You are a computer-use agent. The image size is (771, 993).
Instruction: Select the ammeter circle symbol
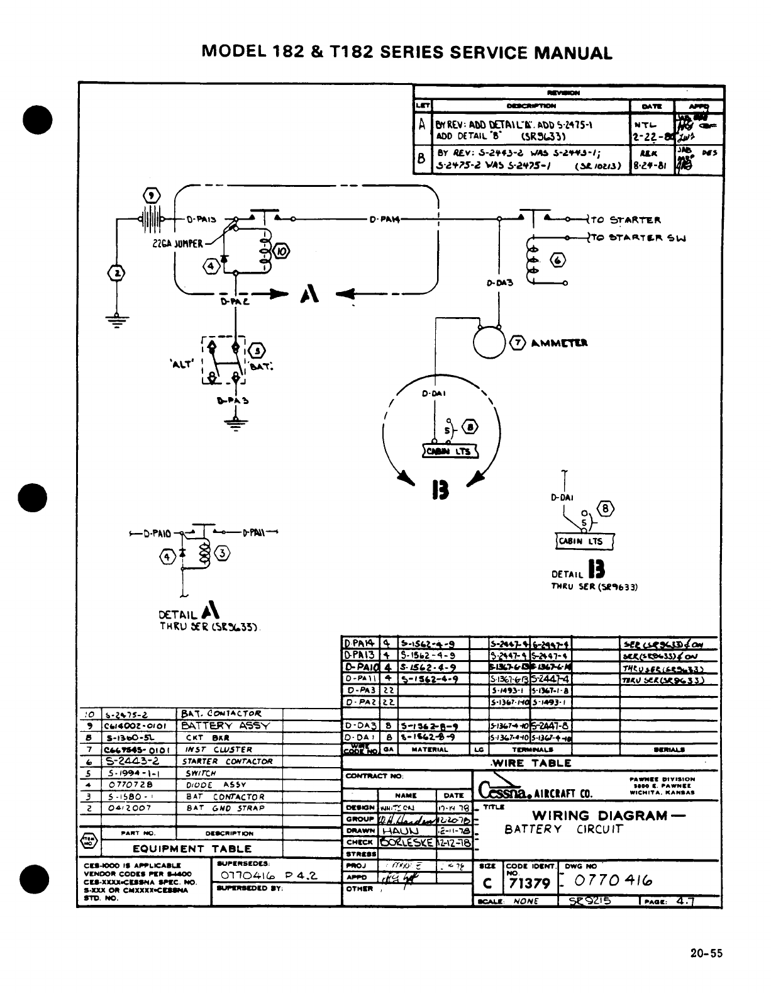[x=490, y=342]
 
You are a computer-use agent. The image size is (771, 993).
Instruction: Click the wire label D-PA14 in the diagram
[x=384, y=220]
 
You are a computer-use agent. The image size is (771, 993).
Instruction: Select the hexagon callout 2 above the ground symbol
[x=116, y=272]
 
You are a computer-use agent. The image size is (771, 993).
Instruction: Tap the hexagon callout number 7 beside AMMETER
[x=518, y=343]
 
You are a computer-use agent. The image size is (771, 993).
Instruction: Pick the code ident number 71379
[x=529, y=883]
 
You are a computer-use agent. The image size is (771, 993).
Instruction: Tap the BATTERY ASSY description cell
[x=225, y=726]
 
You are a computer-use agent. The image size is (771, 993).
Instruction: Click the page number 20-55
[x=706, y=953]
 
